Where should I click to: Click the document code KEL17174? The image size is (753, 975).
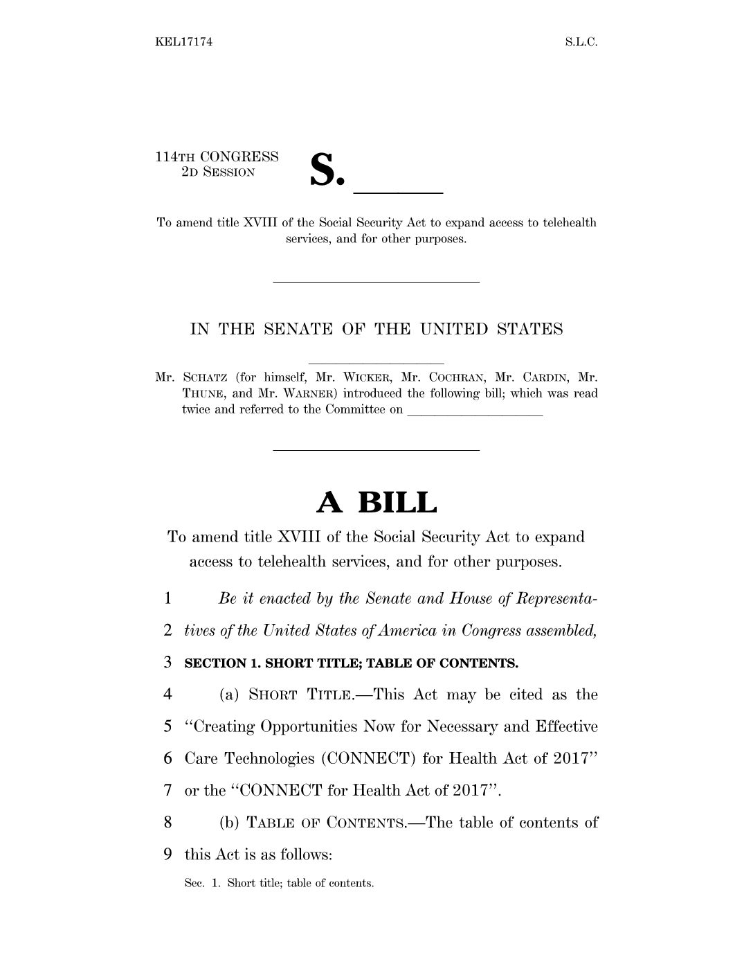tap(183, 42)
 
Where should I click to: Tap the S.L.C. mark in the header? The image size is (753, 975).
tap(581, 42)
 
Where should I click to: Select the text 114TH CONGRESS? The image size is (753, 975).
tap(217, 157)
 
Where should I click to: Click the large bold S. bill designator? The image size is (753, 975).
tap(326, 170)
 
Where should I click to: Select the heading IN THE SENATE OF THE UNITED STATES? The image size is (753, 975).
tap(376, 330)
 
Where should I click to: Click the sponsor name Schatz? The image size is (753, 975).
tap(206, 378)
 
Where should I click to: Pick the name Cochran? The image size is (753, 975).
tap(452, 378)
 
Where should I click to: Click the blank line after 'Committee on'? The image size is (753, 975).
tap(475, 413)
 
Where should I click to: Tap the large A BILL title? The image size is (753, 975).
tap(376, 502)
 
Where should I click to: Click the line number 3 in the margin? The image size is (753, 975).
tap(168, 663)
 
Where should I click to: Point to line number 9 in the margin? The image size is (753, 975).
tap(168, 855)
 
